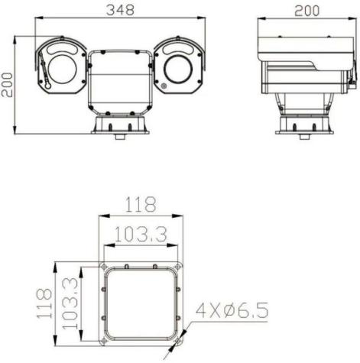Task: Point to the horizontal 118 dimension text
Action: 140,205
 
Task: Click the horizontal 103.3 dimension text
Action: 140,235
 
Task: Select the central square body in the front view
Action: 120,80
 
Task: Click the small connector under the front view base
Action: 120,137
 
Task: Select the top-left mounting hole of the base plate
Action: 103,267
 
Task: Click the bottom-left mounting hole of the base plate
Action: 103,340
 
